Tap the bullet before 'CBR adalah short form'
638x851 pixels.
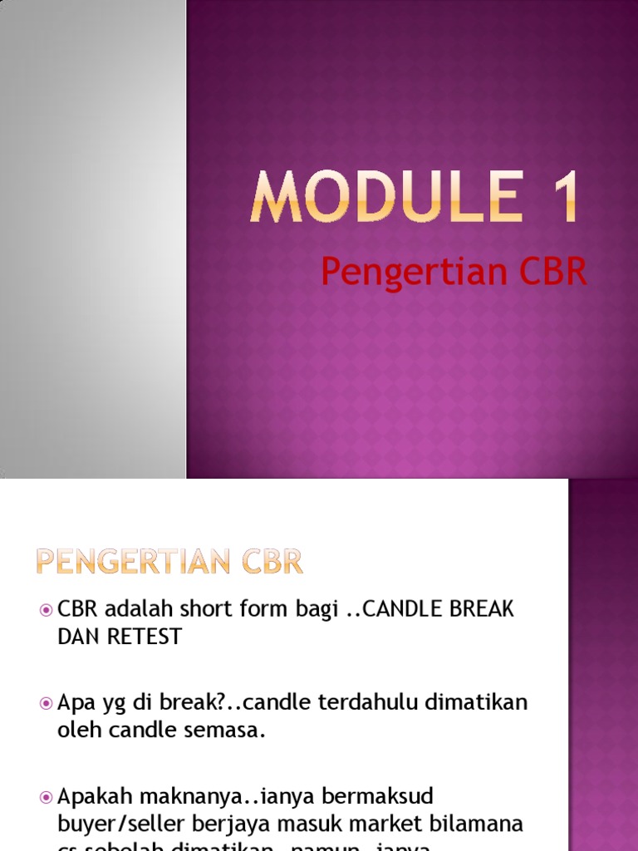coord(47,611)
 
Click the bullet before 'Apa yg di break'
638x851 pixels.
coord(47,704)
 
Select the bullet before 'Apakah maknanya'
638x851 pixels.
coord(47,798)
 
